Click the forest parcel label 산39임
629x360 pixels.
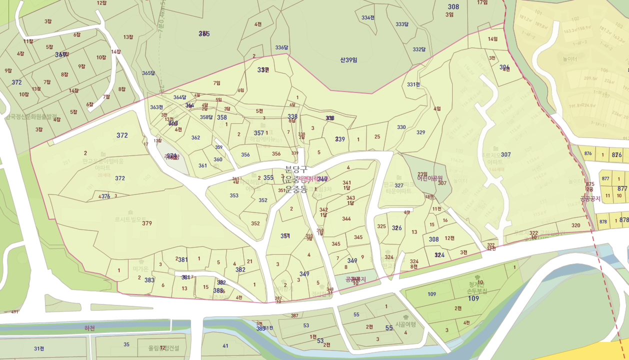[348, 60]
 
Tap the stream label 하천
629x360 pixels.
[89, 328]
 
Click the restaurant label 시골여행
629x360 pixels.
[405, 324]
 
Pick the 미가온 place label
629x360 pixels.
[141, 268]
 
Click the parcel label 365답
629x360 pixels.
[148, 73]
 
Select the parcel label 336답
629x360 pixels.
[281, 47]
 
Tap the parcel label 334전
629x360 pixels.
[368, 17]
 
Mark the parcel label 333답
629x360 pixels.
[402, 24]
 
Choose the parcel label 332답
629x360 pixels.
[419, 49]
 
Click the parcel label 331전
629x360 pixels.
[413, 84]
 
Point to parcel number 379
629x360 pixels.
[146, 223]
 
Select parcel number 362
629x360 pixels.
[195, 137]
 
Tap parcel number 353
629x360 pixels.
[234, 195]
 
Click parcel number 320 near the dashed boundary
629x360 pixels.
[576, 225]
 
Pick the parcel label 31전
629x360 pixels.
[39, 348]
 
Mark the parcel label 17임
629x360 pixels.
[482, 2]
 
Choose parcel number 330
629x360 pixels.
[401, 127]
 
